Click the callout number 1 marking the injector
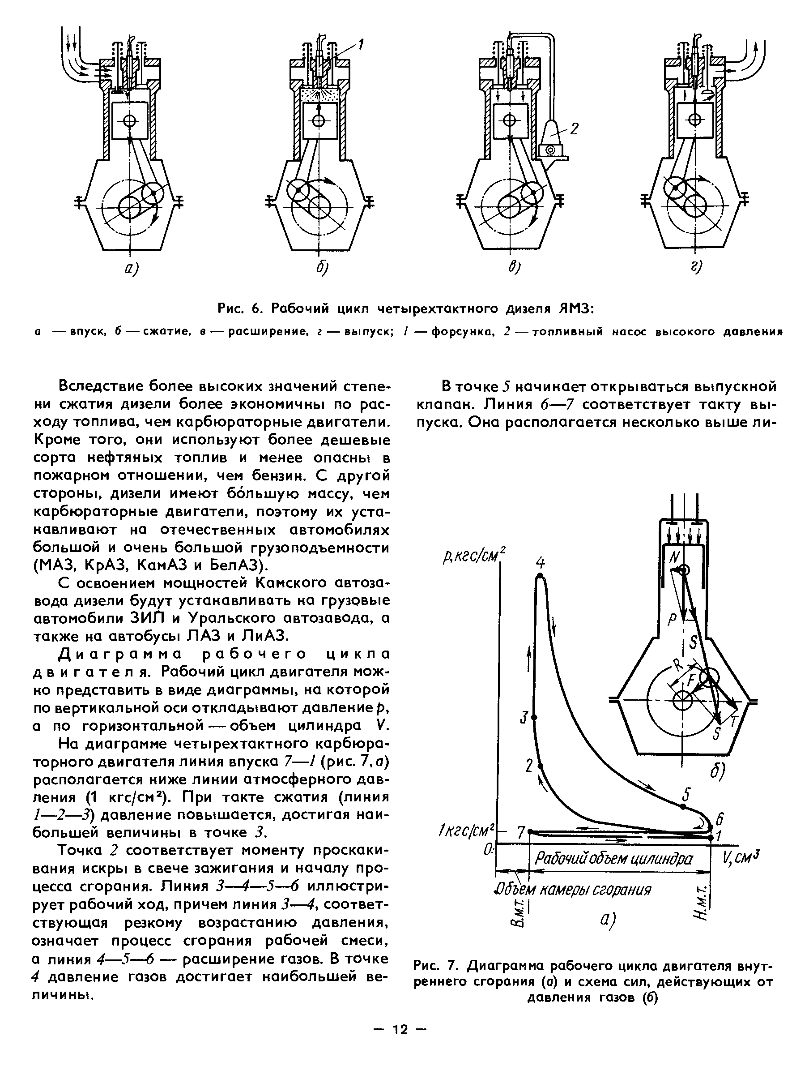click(361, 45)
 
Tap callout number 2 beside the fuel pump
click(575, 128)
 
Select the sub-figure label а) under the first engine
click(131, 267)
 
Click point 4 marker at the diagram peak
click(540, 576)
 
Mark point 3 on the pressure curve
click(533, 718)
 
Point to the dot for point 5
click(683, 806)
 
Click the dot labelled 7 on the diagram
click(530, 831)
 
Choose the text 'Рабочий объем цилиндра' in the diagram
click(614, 859)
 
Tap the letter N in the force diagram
click(674, 557)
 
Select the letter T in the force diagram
click(734, 721)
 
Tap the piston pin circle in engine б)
click(318, 120)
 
